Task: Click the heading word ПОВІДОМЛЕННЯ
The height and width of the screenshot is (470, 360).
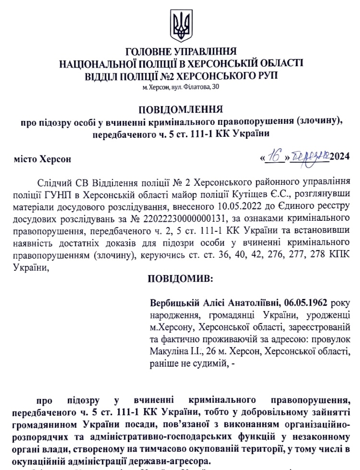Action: point(180,108)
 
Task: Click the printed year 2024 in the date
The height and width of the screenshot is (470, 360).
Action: point(339,157)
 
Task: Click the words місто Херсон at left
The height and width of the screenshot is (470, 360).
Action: point(43,157)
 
